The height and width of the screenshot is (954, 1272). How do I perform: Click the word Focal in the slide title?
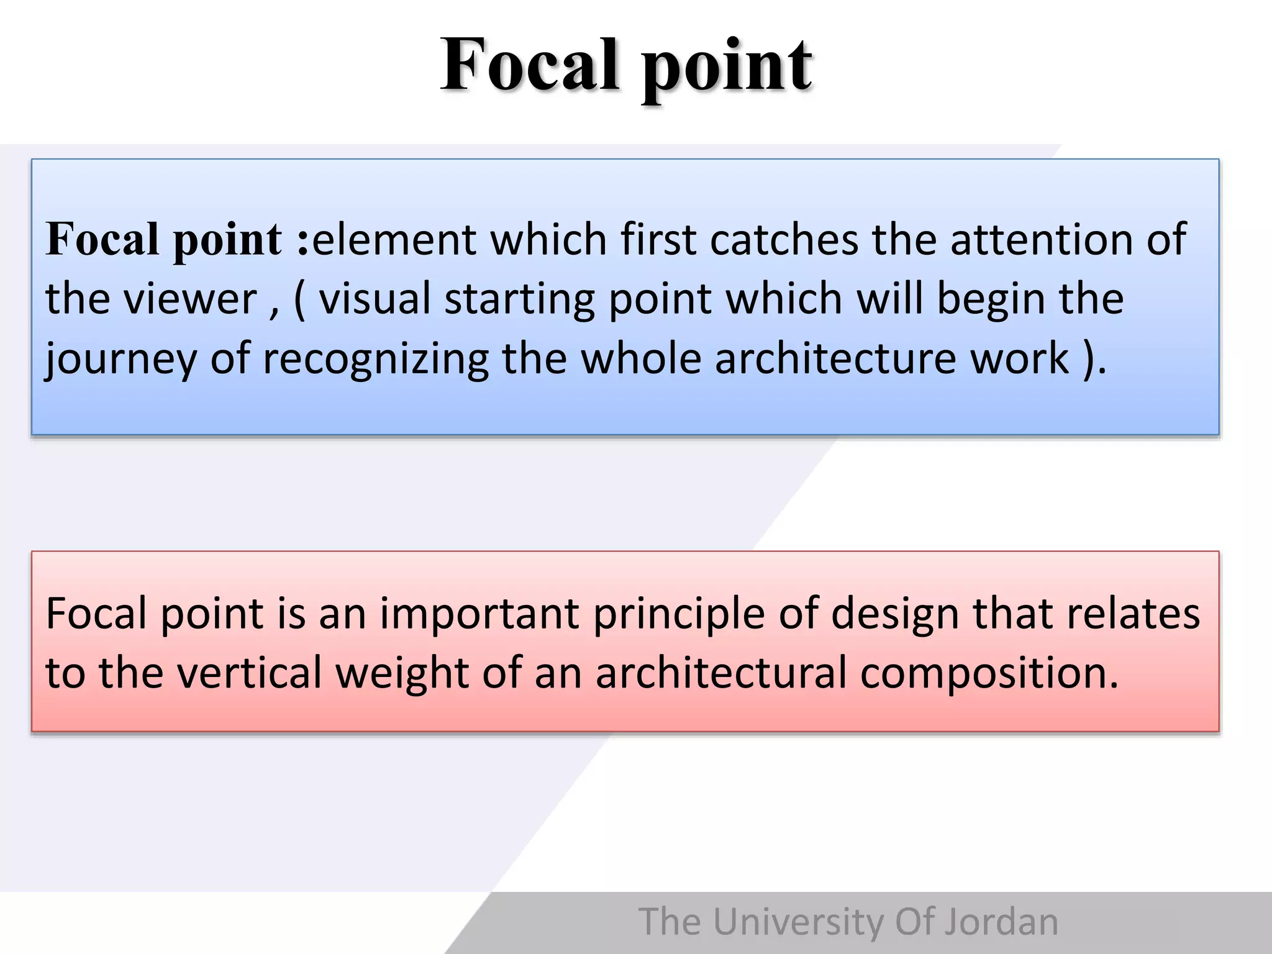pos(529,65)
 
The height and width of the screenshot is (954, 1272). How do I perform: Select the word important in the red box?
pos(479,614)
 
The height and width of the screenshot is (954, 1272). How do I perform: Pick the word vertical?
pos(249,673)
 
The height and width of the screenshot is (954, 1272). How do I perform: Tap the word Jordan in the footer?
pos(1001,922)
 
